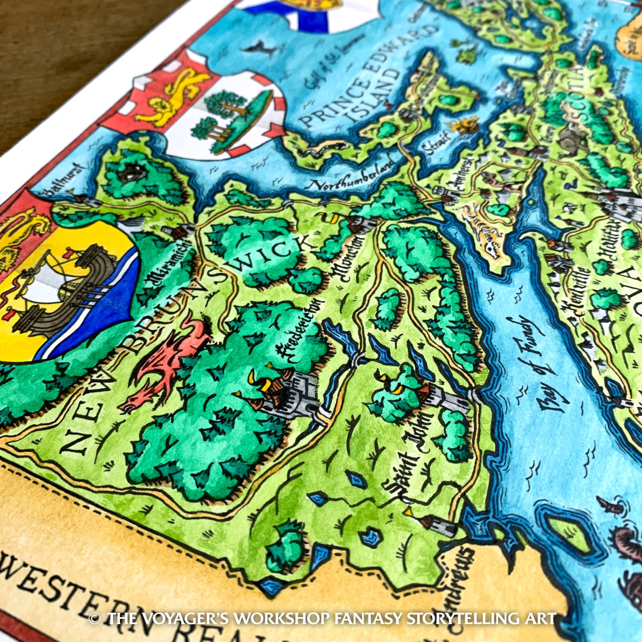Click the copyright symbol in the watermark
pyautogui.click(x=94, y=619)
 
